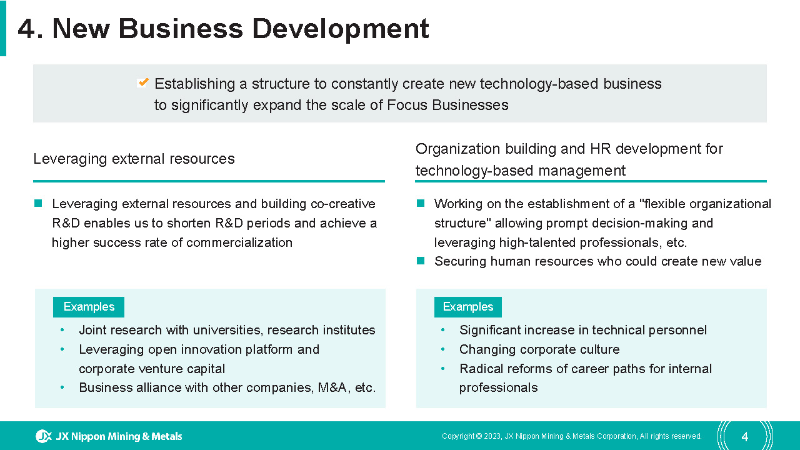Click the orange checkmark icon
[x=143, y=83]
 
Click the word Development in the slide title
[x=341, y=29]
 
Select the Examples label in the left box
[x=89, y=307]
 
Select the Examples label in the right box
[x=468, y=307]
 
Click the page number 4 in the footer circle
[x=744, y=436]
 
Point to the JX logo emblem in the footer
[x=44, y=436]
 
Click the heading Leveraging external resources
[x=134, y=159]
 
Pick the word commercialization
[x=239, y=242]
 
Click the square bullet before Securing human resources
[x=421, y=261]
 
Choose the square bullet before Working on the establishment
[x=421, y=204]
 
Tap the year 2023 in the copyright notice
[x=492, y=436]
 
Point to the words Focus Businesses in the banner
[x=447, y=105]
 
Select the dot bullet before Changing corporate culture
[x=443, y=349]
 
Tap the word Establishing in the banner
[x=194, y=84]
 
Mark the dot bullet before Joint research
[x=62, y=330]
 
